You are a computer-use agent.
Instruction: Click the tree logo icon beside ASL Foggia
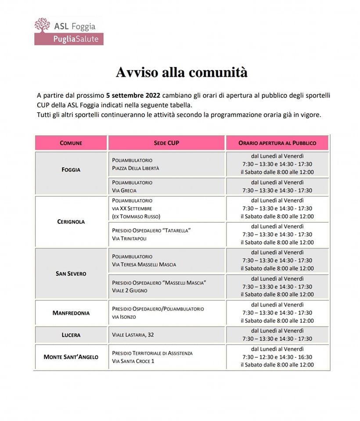(43, 25)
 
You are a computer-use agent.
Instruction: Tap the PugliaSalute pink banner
(69, 39)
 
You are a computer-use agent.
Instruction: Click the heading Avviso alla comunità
(182, 72)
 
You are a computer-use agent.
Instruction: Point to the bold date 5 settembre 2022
(133, 95)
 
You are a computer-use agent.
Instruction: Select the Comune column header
(71, 143)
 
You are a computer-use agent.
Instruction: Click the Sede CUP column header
(167, 143)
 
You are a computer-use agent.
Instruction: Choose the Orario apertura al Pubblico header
(277, 143)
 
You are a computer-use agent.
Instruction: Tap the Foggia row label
(71, 169)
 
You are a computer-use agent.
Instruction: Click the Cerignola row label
(71, 221)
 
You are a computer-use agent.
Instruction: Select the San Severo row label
(71, 274)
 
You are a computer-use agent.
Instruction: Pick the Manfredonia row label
(71, 313)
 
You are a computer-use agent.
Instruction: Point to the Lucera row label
(71, 335)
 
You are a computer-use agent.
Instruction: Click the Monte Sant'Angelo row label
(71, 357)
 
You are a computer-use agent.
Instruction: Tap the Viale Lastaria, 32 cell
(133, 335)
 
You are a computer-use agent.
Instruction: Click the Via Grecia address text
(124, 190)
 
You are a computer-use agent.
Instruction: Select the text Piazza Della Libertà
(136, 168)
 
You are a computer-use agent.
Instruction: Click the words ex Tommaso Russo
(136, 217)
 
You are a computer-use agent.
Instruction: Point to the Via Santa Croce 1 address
(133, 361)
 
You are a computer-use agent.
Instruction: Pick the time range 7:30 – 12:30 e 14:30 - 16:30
(277, 357)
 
